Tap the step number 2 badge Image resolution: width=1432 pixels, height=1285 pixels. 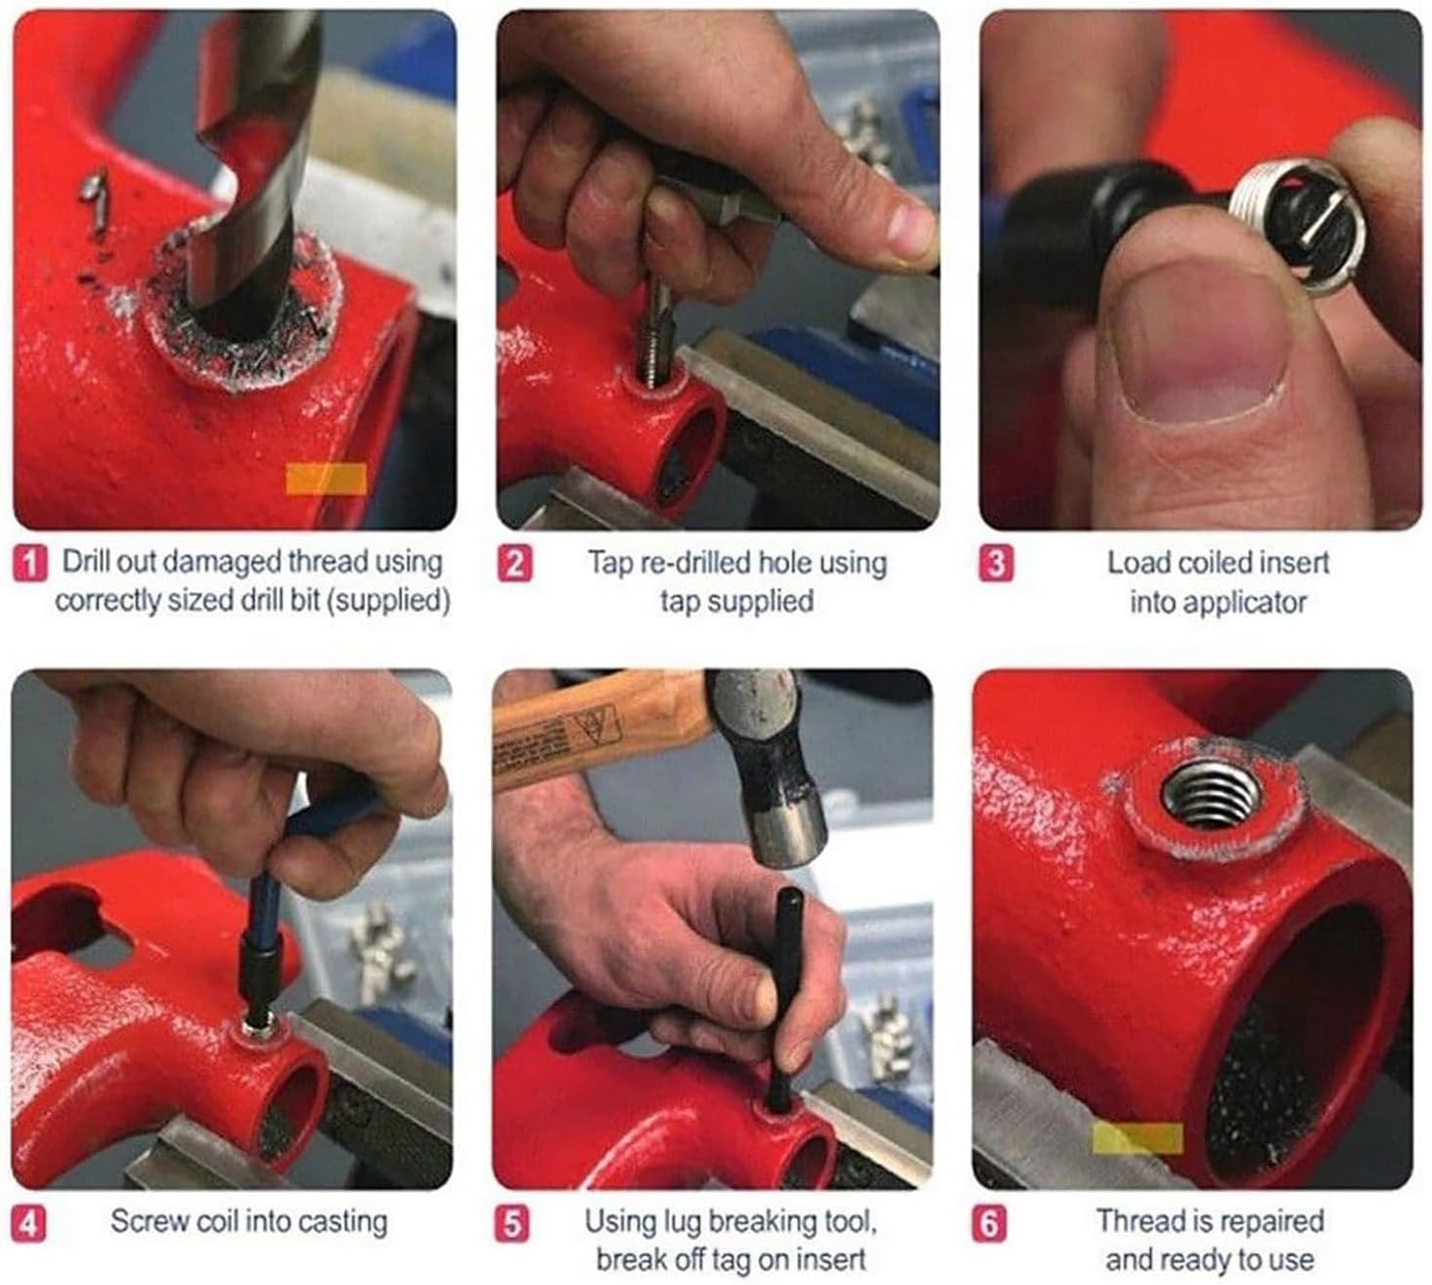[x=515, y=565]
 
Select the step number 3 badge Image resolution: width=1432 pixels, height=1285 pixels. [x=996, y=565]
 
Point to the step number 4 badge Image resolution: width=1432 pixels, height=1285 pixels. [x=28, y=1224]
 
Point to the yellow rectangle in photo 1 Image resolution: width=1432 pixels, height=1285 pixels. [x=326, y=479]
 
